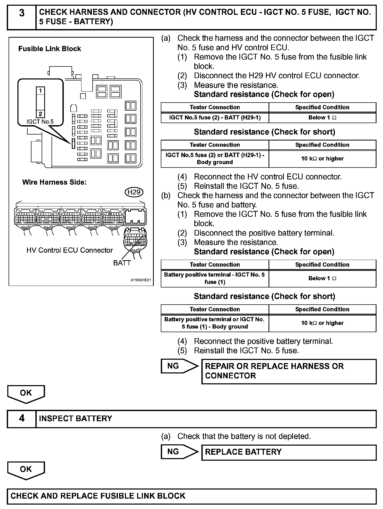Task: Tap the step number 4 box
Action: [22, 419]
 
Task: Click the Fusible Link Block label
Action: [49, 49]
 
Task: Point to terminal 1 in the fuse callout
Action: [40, 91]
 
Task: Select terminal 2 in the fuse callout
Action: [40, 114]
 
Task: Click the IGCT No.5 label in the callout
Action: [40, 122]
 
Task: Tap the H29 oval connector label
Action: [134, 192]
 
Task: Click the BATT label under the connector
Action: [122, 263]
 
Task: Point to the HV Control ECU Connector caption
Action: [70, 250]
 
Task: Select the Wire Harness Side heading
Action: [54, 182]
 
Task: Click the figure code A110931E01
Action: [141, 280]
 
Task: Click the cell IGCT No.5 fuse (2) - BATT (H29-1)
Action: [215, 118]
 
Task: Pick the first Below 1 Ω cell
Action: [322, 118]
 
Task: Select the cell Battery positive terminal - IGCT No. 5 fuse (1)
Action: [215, 278]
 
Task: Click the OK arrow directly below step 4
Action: [26, 470]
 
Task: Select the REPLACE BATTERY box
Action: [289, 452]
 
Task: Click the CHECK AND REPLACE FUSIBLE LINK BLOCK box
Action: [191, 496]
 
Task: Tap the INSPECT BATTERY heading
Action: [75, 419]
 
